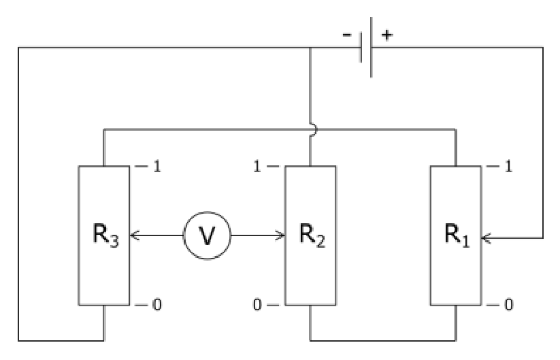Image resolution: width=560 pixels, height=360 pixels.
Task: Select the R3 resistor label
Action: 105,235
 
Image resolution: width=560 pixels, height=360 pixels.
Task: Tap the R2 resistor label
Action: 312,235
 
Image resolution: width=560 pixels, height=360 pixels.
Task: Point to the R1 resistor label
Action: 457,235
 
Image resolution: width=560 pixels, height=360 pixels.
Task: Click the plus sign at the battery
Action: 387,35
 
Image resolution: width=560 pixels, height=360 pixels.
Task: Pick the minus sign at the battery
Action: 347,35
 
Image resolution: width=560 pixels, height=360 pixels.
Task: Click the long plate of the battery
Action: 372,47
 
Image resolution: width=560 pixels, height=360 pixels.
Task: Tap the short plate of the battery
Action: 361,47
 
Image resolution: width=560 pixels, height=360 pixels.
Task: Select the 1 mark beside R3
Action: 157,167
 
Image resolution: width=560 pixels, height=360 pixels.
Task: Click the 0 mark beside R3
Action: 157,305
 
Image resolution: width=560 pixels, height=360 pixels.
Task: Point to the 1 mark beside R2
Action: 257,167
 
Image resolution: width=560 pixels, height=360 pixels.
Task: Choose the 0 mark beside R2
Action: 257,305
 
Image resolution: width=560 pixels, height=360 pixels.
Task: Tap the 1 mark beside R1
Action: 508,167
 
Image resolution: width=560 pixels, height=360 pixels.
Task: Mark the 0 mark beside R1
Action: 508,305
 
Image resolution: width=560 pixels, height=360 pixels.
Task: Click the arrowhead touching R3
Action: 134,235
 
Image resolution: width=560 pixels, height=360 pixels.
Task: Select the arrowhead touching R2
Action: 280,235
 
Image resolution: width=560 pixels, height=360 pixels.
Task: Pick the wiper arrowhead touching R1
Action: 486,238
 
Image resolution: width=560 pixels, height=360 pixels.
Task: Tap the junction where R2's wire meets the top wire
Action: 310,47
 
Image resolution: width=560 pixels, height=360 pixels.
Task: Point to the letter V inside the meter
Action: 207,236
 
